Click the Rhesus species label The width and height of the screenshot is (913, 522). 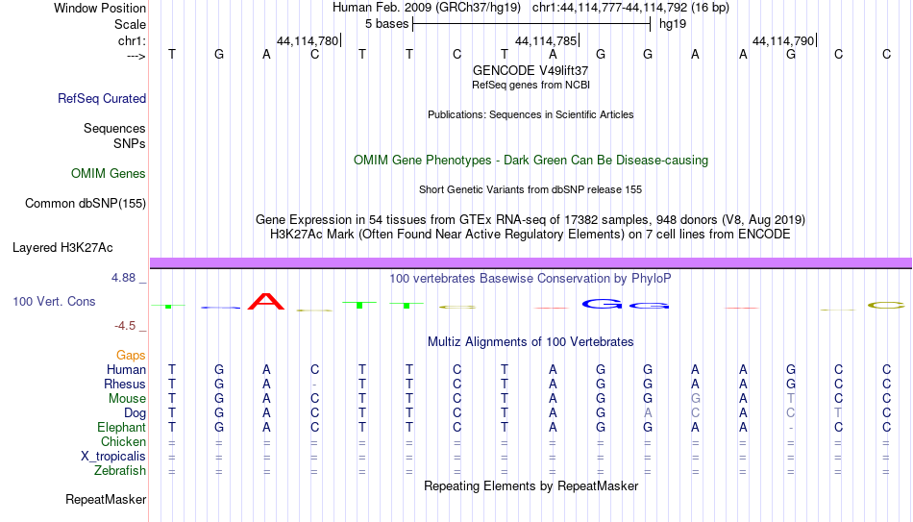point(125,384)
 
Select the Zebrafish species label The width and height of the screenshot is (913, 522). point(120,470)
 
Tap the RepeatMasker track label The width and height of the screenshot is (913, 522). point(106,499)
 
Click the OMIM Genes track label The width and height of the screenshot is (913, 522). point(109,174)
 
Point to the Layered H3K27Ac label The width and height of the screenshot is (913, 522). point(62,248)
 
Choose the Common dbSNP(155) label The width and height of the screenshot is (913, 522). point(86,204)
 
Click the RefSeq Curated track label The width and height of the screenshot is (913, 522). point(102,98)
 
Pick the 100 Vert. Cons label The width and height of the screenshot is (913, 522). point(54,301)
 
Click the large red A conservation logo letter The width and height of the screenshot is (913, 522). point(266,301)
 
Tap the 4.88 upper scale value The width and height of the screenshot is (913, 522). point(123,278)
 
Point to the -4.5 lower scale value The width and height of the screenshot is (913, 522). point(125,326)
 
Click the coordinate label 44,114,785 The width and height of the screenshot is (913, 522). point(546,40)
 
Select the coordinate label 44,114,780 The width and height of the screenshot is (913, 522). point(308,40)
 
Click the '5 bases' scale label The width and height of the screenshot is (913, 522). point(386,24)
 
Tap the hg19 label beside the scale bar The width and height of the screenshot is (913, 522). point(673,24)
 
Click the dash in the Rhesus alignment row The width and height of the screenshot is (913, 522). point(314,385)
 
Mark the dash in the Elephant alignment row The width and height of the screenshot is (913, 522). point(790,428)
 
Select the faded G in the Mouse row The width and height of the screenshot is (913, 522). point(695,399)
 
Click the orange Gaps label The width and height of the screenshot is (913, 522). point(131,356)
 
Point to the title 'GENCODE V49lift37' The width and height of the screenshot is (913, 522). point(531,70)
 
